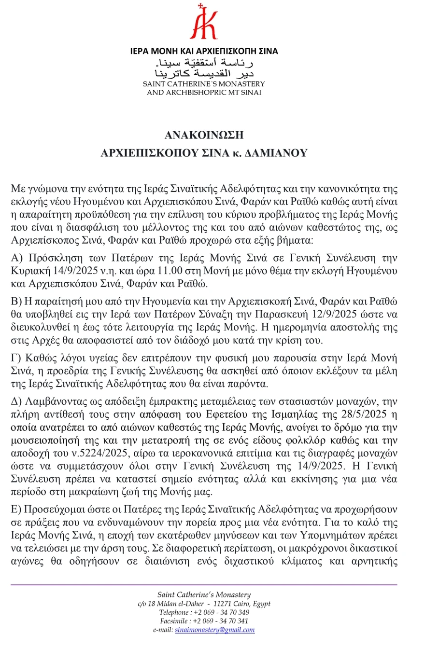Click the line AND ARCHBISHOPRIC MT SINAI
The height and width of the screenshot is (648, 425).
tap(204, 92)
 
